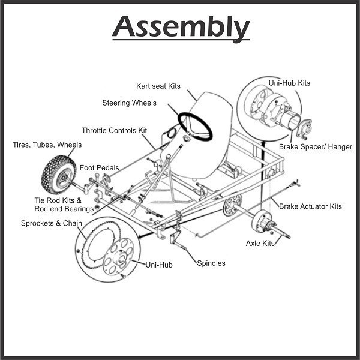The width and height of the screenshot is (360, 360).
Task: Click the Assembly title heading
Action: [x=181, y=27]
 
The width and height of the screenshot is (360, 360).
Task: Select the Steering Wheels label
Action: [x=129, y=103]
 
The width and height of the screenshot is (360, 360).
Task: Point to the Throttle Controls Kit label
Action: [x=114, y=130]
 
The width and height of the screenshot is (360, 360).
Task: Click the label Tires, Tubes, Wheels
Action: [x=47, y=145]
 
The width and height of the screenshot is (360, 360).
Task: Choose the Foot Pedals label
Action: [x=99, y=168]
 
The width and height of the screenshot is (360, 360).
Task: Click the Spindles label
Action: [x=211, y=263]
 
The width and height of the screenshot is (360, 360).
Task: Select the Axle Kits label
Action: [x=260, y=243]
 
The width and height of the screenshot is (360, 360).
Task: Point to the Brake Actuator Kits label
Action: [x=310, y=206]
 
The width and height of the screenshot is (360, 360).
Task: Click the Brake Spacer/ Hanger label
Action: [x=316, y=146]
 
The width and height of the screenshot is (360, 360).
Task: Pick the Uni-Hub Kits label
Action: [x=307, y=83]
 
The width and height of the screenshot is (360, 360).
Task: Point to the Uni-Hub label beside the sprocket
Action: [x=159, y=264]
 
